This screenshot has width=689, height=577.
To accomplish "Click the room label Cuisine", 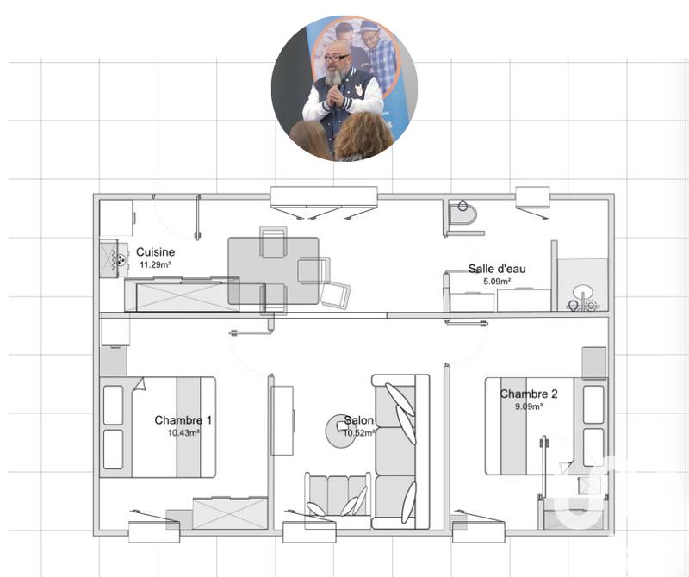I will click(x=155, y=252).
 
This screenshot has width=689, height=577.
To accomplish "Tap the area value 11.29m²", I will click(x=155, y=265).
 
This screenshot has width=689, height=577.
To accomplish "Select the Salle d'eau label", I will click(x=497, y=269).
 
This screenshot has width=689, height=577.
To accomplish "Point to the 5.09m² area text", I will click(x=497, y=281).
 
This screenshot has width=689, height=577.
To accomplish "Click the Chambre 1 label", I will click(x=183, y=420).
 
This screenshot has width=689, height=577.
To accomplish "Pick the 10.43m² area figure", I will click(x=183, y=433).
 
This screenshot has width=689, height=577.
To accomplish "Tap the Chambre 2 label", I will click(x=529, y=394).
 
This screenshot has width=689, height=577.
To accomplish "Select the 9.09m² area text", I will click(x=529, y=406).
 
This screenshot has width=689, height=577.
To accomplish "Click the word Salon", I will click(x=359, y=421).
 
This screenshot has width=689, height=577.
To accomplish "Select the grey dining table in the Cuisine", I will click(x=272, y=270).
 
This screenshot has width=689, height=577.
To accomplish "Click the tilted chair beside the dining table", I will click(x=336, y=294).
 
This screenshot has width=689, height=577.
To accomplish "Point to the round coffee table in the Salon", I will click(x=337, y=425).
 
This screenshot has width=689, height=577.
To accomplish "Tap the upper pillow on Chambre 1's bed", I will click(x=114, y=406).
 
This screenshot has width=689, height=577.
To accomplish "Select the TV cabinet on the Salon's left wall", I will click(x=282, y=420).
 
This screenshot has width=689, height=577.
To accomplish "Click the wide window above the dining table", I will click(x=324, y=197).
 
